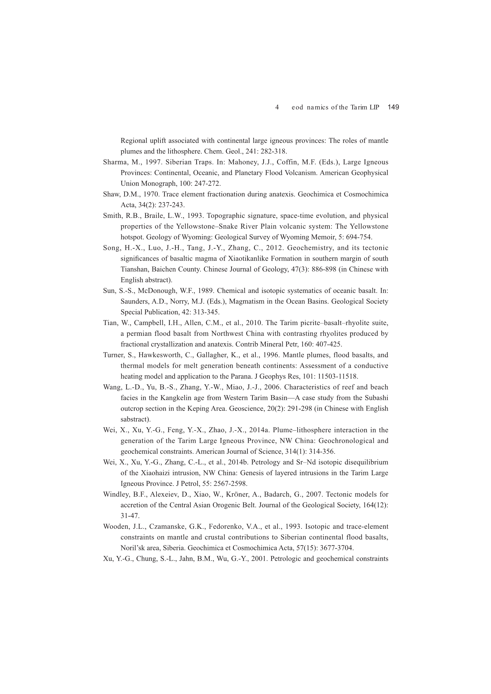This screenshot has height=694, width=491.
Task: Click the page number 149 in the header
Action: [393, 107]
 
